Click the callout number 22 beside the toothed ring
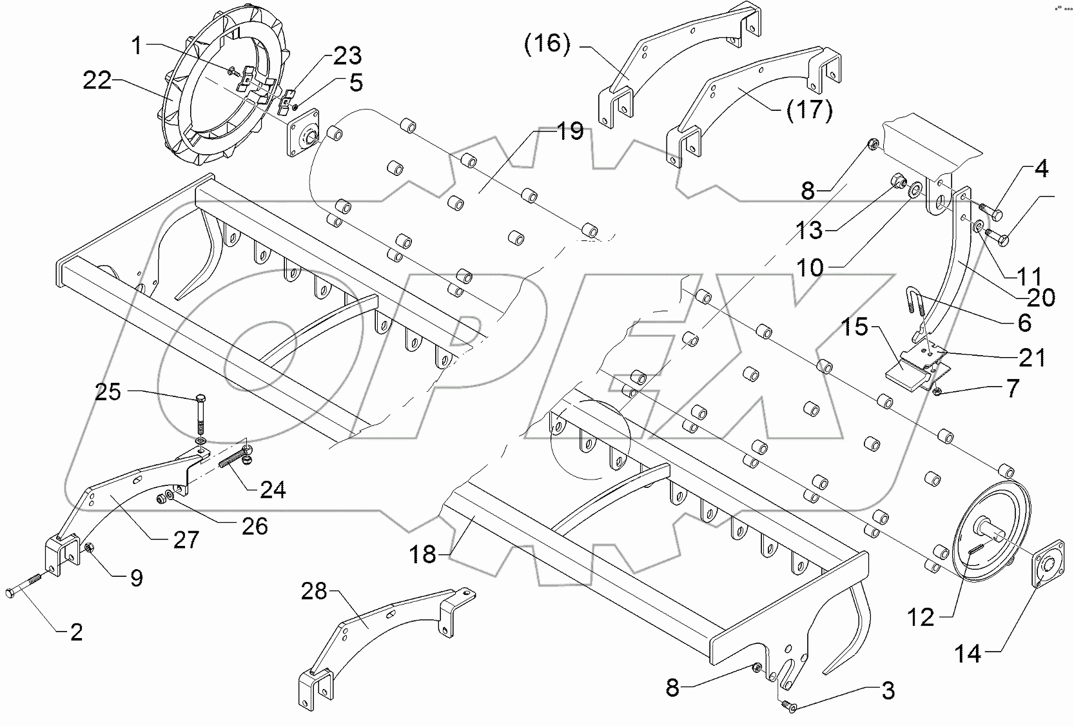pos(97,81)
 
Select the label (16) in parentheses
pos(547,46)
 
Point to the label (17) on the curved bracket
pos(809,110)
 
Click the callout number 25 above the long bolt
pos(108,391)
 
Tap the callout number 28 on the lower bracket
pos(315,591)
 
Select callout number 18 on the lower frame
pos(424,554)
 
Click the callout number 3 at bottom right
pos(888,692)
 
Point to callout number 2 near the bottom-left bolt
pos(76,633)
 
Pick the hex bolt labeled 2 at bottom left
pos(26,584)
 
